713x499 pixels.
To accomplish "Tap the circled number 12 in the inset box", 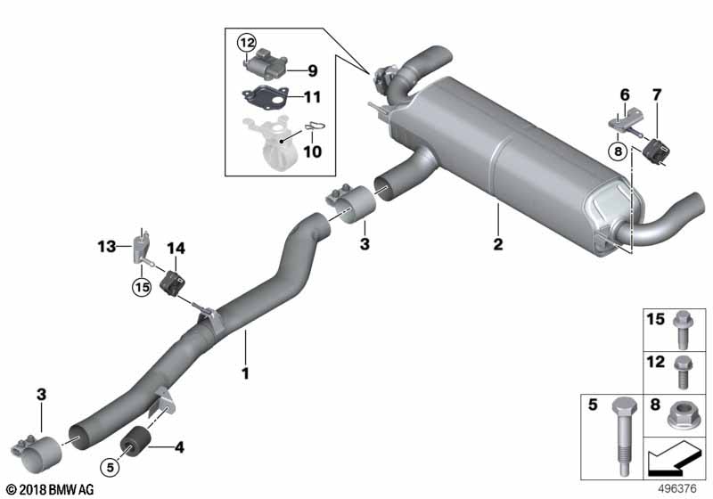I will click(x=246, y=42).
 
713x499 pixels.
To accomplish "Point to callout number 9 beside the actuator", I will click(x=312, y=70).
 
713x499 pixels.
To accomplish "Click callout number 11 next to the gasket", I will click(x=312, y=96).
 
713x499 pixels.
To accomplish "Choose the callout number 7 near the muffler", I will click(x=658, y=94).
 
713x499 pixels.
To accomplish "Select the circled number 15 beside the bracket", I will click(x=140, y=286).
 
